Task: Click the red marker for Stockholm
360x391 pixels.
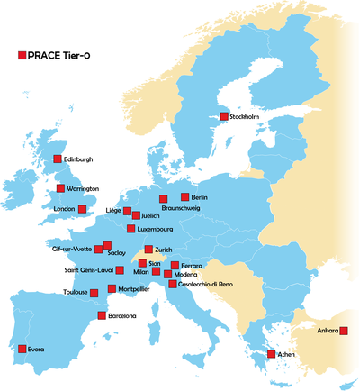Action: (224, 116)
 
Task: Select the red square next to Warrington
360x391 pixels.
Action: (61, 188)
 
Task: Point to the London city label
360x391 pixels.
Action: (64, 209)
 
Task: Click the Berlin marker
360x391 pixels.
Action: (184, 196)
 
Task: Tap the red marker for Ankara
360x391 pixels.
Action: (344, 331)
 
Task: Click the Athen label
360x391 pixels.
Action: (286, 355)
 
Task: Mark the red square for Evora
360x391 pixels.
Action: (22, 349)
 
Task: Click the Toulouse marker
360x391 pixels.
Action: (94, 292)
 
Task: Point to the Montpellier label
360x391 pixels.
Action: (134, 289)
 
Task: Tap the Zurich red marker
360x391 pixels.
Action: (148, 250)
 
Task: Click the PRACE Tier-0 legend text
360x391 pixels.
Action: (59, 56)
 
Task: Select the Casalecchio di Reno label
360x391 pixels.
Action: (206, 285)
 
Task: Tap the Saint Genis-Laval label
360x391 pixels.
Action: (88, 269)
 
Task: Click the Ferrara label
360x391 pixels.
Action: (192, 266)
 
